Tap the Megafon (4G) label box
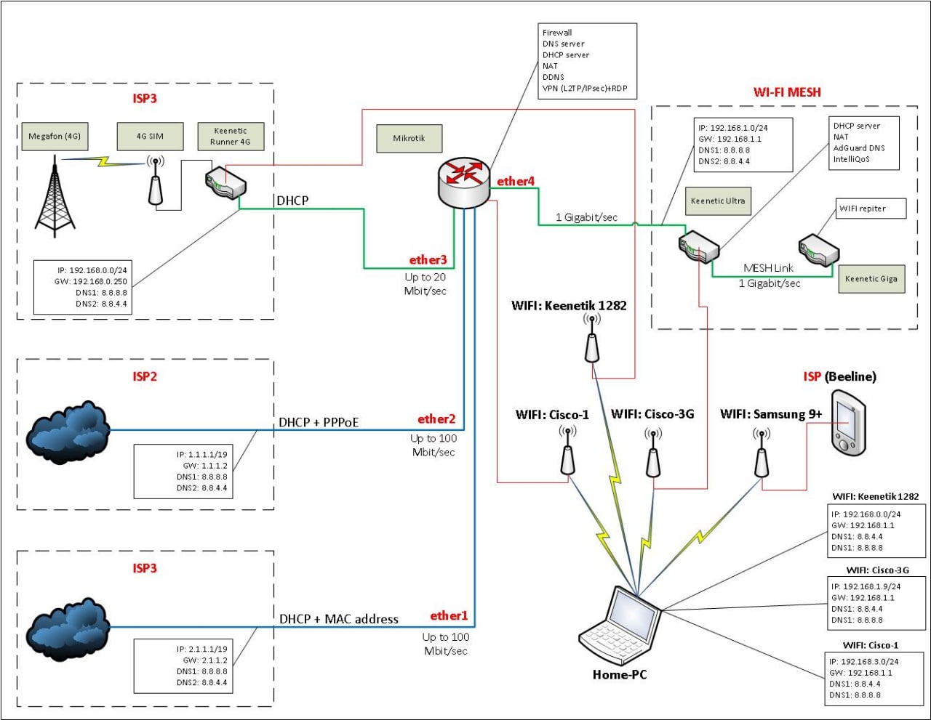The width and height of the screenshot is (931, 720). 55,136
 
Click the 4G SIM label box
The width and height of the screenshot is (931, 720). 150,136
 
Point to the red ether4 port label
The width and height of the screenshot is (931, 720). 516,182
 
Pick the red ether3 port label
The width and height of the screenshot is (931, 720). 428,260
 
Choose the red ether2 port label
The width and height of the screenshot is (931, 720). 436,419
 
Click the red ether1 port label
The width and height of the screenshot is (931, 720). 449,616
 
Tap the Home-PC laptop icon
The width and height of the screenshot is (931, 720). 620,625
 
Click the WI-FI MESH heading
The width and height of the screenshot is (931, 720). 787,92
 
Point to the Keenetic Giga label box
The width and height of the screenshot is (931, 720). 871,279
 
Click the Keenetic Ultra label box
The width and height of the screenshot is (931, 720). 718,201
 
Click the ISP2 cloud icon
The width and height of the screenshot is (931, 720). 68,433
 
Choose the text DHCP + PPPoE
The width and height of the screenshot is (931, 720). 319,422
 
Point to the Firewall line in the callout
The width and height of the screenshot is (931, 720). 557,33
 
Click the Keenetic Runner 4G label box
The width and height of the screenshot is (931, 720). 231,137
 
